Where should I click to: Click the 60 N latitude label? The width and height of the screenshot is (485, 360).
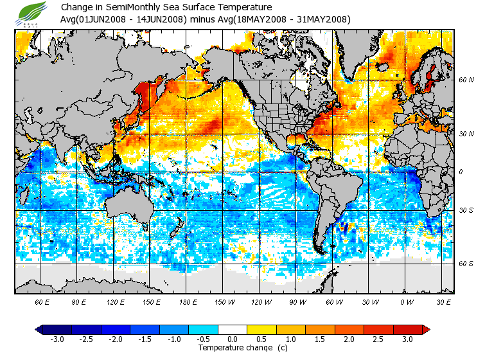(466, 80)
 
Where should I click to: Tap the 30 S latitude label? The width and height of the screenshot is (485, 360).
(466, 210)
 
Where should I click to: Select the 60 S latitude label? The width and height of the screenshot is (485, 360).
(466, 264)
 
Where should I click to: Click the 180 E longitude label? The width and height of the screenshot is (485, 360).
(187, 301)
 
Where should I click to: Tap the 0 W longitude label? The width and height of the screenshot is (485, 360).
(405, 301)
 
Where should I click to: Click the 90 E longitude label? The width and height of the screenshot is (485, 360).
(79, 301)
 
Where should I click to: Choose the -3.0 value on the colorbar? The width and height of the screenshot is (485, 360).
(57, 339)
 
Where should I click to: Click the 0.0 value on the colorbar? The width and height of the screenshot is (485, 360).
(233, 339)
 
